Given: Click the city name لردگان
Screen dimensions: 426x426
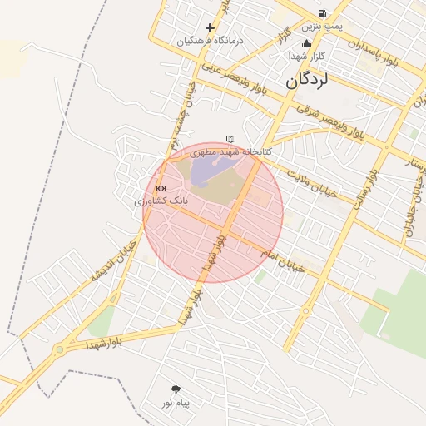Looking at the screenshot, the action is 307,81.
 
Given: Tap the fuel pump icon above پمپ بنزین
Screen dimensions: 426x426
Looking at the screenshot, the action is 321,13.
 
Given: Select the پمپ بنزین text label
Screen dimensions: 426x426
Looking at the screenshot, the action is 321,27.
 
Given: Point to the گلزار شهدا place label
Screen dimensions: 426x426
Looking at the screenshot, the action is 306,56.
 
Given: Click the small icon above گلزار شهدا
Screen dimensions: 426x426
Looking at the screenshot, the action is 306,43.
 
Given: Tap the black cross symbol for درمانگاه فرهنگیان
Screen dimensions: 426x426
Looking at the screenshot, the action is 210,27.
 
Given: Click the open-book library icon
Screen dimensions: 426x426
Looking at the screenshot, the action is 230,139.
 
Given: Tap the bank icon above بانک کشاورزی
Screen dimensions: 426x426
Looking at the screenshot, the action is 161,188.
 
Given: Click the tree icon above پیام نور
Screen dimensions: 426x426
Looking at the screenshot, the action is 176,389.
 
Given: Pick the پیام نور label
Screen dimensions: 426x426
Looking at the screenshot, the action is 176,404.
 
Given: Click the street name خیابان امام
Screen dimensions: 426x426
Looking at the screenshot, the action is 283,260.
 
